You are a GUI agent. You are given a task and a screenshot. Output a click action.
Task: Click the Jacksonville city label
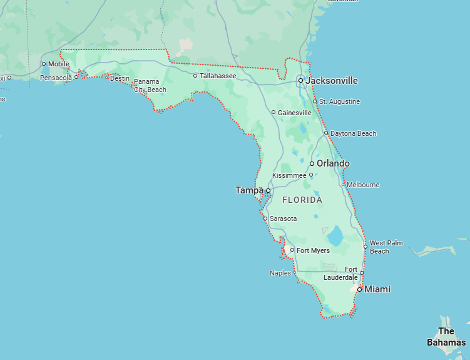[x=332, y=81]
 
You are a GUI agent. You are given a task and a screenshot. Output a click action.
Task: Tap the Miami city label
[x=377, y=289]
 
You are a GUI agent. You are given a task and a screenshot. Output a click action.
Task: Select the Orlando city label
[x=333, y=163]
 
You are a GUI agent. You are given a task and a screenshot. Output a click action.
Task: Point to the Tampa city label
[x=249, y=190]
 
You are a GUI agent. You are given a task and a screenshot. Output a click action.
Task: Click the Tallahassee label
[x=218, y=76]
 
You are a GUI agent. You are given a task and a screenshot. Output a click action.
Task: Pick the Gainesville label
[x=295, y=113]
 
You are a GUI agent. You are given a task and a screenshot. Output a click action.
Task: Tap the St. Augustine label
[x=339, y=101]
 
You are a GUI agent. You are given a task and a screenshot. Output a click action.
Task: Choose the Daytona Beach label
[x=354, y=133]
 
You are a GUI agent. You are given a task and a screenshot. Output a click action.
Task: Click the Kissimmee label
[x=289, y=175]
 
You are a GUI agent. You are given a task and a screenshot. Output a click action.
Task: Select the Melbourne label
[x=363, y=185]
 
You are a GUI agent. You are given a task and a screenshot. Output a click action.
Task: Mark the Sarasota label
[x=283, y=219]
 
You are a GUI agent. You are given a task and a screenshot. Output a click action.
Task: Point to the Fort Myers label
[x=313, y=250]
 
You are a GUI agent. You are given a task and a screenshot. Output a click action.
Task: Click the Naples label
[x=280, y=273]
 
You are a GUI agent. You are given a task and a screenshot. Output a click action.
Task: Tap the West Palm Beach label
[x=386, y=247]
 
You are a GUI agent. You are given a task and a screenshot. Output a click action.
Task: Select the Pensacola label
[x=56, y=78]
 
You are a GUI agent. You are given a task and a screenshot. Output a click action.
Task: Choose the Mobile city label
[x=59, y=64]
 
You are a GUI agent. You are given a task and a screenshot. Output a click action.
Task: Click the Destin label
[x=120, y=78]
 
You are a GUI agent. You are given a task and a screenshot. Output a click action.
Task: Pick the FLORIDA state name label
[x=302, y=200]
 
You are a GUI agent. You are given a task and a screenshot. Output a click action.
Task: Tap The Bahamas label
[x=446, y=337]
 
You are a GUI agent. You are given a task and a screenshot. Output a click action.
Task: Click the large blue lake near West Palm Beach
[x=335, y=236]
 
